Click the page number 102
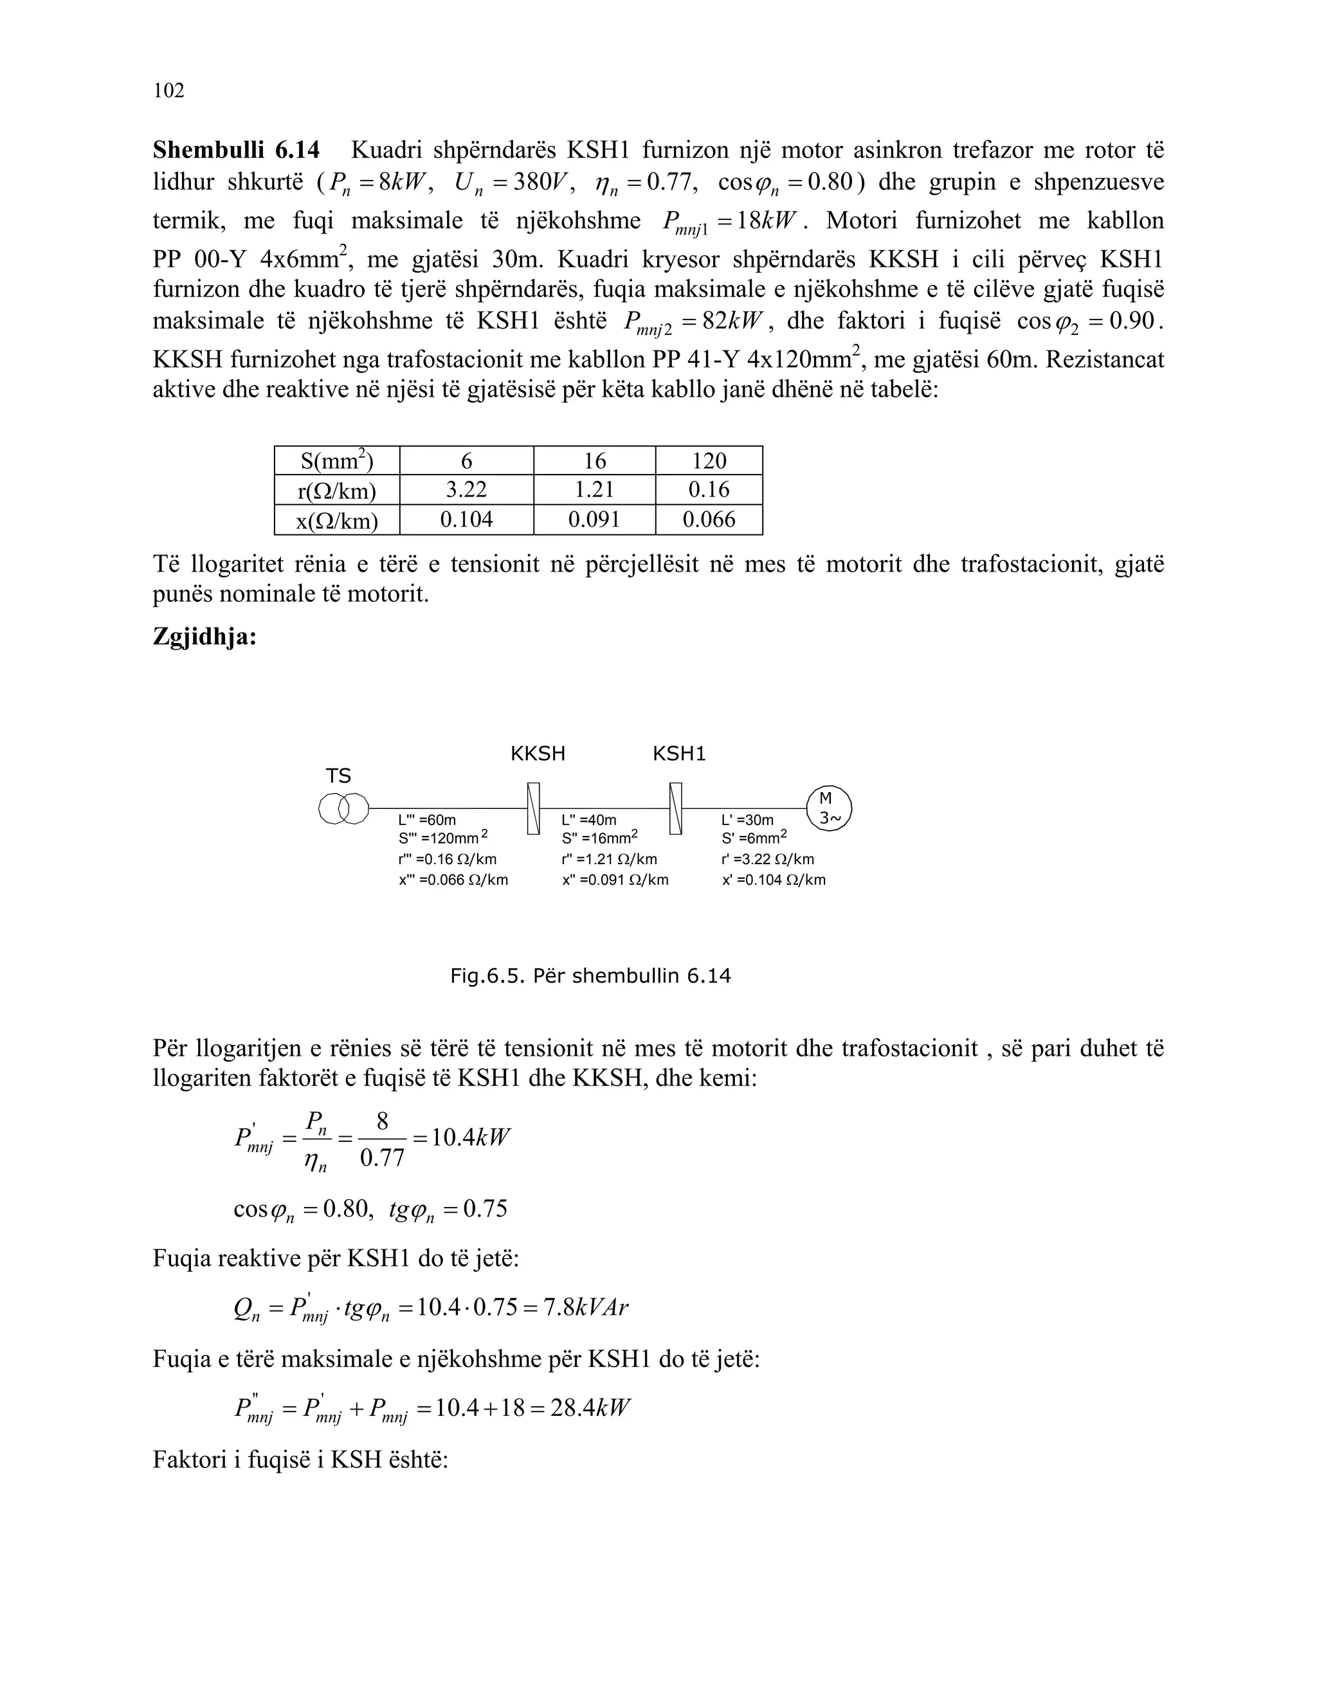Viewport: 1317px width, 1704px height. point(168,91)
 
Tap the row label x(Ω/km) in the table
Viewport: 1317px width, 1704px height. point(336,520)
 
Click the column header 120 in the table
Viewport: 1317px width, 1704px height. point(709,461)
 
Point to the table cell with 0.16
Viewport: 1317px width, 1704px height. point(709,490)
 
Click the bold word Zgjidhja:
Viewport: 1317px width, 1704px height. point(204,637)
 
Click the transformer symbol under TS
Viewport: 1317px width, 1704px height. point(343,808)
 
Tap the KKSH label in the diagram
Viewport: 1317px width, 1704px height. point(538,754)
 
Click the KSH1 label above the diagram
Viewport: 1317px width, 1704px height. point(679,754)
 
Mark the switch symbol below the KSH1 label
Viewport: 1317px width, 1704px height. point(676,808)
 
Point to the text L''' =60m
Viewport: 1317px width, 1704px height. point(427,820)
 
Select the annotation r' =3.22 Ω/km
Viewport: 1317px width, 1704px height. point(767,860)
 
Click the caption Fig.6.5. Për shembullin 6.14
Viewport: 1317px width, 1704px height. point(590,976)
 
